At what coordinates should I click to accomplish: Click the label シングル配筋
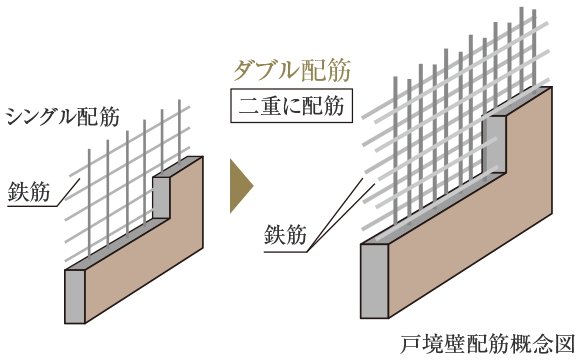coord(63,116)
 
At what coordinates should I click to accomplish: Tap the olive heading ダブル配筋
coord(291,71)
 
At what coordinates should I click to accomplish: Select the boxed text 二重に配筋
coord(292,105)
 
